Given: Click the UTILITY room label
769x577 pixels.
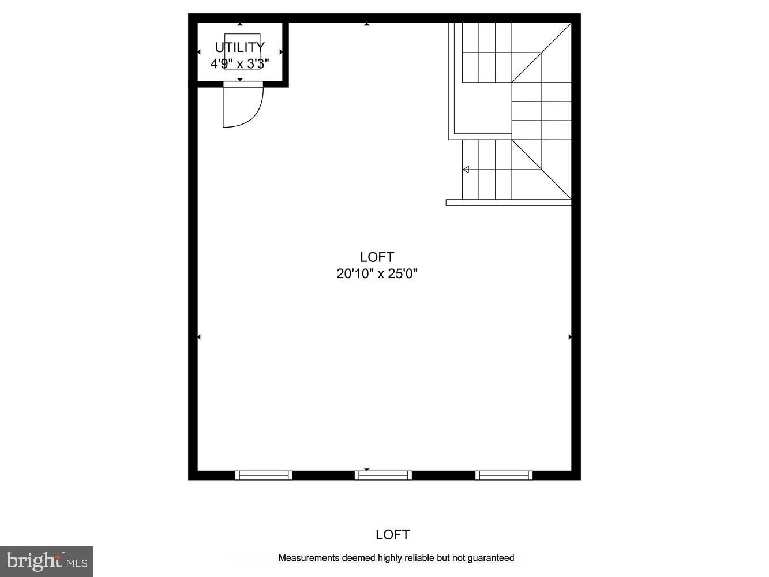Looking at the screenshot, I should tap(239, 47).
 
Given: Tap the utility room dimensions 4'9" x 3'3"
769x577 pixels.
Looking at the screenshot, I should tap(239, 63).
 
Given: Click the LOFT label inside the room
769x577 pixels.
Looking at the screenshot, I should tap(377, 257).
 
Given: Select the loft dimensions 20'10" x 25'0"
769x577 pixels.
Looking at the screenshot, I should tap(377, 273).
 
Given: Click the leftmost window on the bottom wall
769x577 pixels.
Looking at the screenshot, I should tap(264, 475).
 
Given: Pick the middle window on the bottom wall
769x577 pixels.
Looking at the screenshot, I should tap(383, 475).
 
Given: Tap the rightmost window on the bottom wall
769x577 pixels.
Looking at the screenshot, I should tap(504, 475).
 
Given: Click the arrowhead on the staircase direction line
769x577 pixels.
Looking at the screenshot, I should tap(466, 170).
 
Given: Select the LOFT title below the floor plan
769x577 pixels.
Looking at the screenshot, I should tap(392, 535).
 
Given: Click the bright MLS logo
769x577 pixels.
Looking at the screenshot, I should tap(47, 561).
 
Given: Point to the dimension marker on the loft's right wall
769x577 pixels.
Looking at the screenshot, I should tap(570, 337).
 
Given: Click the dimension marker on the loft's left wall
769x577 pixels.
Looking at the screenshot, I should tap(199, 337).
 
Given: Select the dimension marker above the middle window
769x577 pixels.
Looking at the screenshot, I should tap(367, 470).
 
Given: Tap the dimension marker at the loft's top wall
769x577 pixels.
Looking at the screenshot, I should tap(367, 24).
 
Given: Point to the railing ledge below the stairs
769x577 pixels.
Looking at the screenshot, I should tap(508, 203).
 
